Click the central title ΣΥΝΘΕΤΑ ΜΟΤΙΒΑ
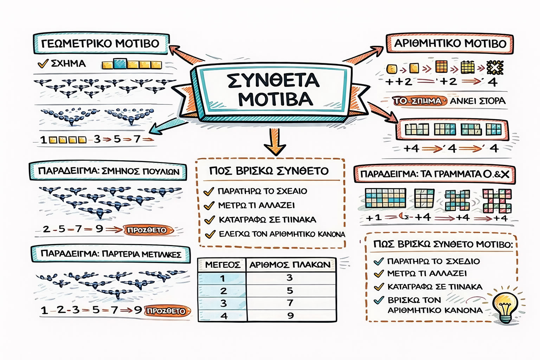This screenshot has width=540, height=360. coord(273,90)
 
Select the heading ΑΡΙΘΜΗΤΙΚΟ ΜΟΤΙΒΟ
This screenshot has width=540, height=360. coord(450,44)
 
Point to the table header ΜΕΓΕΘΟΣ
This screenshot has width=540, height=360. coord(223,265)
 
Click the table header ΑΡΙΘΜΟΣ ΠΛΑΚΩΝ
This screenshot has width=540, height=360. coord(290,265)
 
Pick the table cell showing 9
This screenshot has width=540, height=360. coord(290,315)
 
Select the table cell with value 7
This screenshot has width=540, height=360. coord(290,303)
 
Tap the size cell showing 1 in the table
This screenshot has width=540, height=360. coord(223,278)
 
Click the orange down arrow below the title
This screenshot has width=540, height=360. coord(275,142)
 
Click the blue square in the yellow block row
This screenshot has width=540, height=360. coord(120,64)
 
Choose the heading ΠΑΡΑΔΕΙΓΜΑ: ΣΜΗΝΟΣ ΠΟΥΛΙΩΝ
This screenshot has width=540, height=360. coord(108,172)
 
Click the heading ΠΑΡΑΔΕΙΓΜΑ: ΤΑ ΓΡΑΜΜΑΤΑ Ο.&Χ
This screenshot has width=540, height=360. coord(435,174)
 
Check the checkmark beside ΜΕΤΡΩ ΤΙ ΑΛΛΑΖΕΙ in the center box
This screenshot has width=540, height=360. coord(209,206)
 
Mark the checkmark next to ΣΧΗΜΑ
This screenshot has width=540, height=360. coord(43,64)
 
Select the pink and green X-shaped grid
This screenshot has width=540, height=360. coord(497,201)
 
